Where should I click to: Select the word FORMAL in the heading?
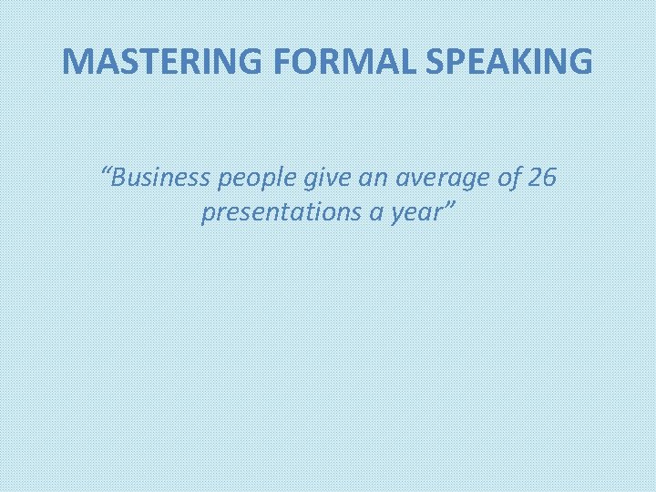322,61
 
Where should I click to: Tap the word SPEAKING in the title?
498,61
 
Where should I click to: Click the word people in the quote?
257,179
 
